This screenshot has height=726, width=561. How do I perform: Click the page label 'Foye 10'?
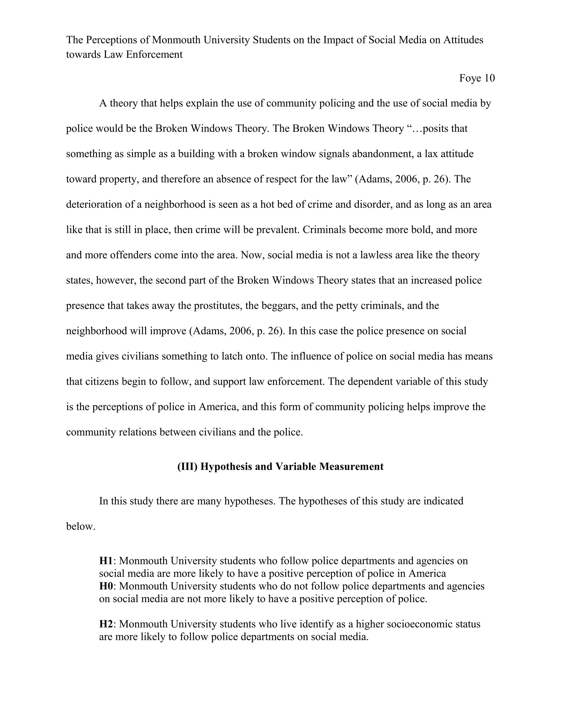coord(477,78)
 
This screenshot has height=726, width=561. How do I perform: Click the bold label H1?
coord(106,561)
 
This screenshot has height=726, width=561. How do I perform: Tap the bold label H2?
coord(106,624)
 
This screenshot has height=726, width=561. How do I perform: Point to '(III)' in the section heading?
coord(187,466)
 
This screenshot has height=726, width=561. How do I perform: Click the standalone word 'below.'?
coord(81,526)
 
